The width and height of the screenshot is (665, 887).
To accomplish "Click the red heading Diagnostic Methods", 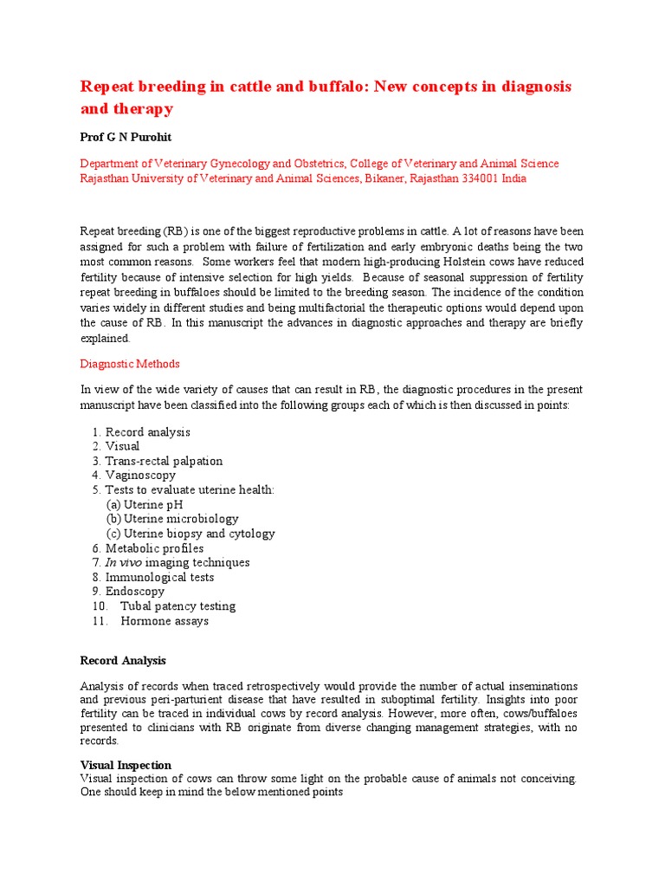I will pos(130,364).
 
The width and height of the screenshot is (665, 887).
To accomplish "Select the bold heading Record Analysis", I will pos(122,661).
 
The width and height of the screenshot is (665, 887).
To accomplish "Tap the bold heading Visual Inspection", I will pos(126,765).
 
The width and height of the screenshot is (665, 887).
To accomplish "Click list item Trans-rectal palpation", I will pos(164,461).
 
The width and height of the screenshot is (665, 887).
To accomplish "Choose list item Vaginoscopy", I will pos(140,476).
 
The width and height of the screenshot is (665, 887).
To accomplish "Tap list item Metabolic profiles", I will pos(154,548).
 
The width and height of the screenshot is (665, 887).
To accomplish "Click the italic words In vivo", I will pos(123,563).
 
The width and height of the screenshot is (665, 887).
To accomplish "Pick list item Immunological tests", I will pos(159,577).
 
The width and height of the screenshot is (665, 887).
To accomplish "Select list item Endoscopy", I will pos(134,592).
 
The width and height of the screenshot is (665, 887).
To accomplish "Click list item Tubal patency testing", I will pos(178,606).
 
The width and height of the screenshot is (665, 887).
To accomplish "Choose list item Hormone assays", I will pos(165,621).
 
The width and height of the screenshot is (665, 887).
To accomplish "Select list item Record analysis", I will pos(147,432).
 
